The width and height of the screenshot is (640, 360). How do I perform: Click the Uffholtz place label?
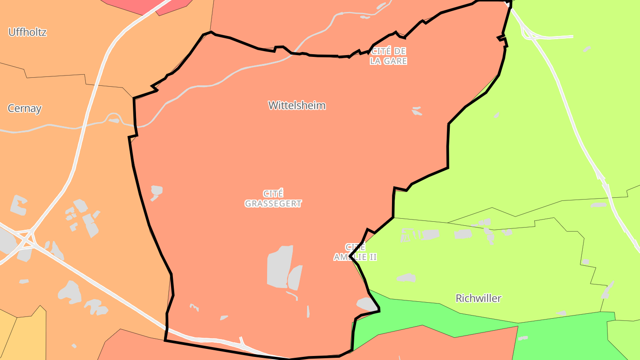coord(27,32)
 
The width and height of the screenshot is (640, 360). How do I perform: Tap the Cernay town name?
coord(24,108)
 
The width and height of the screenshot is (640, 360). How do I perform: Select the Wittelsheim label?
coord(297,105)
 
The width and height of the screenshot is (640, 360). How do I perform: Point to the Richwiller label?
coord(478,298)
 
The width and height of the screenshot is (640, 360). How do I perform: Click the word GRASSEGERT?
coord(273,204)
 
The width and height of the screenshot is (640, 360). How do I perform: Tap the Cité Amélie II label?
coord(355,252)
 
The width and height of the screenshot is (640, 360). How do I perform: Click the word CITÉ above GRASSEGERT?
coord(273,194)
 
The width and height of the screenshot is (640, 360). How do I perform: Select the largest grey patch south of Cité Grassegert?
coord(280,266)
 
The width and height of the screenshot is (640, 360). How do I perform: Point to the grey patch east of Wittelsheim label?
coord(416,111)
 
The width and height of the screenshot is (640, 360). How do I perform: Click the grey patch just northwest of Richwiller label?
coord(406,278)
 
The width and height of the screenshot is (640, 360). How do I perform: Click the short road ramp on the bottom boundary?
coord(242,341)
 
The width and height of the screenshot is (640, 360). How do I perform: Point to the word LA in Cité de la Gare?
coord(376,61)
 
